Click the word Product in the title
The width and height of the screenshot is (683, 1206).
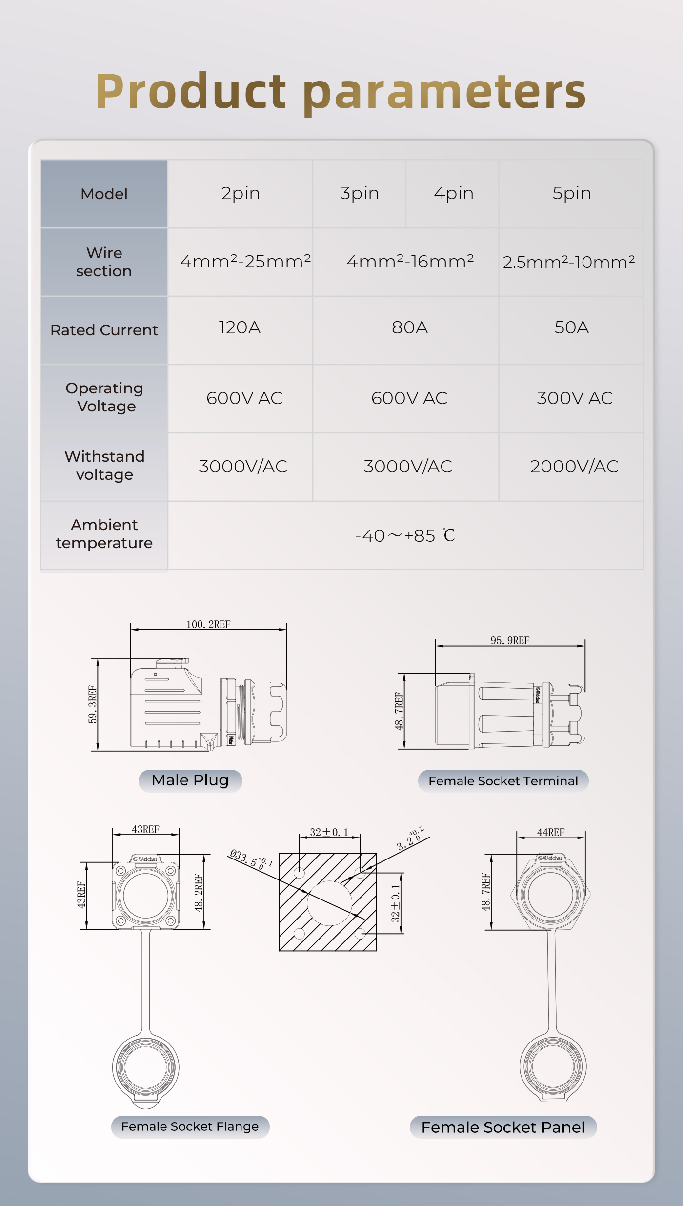click(190, 91)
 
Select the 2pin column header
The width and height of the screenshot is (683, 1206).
click(241, 194)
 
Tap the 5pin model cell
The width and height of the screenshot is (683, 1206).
click(571, 194)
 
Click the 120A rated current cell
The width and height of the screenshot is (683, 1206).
click(240, 327)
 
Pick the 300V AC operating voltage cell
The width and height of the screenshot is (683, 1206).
click(574, 398)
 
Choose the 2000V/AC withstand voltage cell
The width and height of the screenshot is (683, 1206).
click(574, 467)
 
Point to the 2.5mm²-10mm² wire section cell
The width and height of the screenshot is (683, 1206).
click(569, 262)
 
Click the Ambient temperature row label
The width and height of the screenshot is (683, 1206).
click(104, 534)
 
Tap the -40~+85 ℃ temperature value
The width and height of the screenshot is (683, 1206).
click(405, 536)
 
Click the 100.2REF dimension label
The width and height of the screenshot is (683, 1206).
click(208, 624)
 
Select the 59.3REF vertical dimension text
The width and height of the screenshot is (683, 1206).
click(92, 704)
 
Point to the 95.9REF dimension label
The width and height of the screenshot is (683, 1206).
click(510, 640)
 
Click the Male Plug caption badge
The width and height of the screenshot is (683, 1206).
click(190, 780)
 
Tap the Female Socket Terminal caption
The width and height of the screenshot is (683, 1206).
click(503, 781)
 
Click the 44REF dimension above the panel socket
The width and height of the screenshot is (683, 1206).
click(551, 832)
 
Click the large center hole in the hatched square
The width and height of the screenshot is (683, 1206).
click(329, 903)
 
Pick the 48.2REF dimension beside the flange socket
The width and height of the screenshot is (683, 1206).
click(199, 892)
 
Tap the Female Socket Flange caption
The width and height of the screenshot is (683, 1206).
click(190, 1126)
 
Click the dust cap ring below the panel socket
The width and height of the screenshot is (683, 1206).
click(553, 1066)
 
